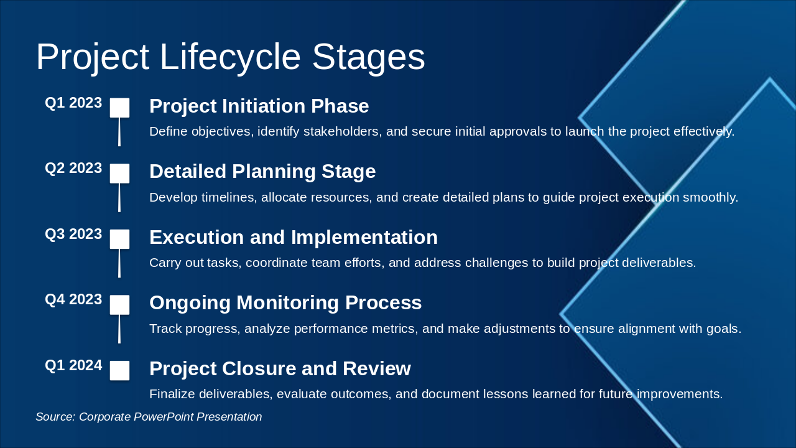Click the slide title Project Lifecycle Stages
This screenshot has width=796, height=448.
point(230,57)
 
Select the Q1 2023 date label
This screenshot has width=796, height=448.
point(73,103)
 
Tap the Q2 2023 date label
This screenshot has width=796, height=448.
point(73,169)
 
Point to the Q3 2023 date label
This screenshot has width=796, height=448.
point(73,235)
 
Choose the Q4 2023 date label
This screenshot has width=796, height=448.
point(73,300)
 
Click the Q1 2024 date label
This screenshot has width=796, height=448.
point(73,366)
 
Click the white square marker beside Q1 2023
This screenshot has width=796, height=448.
point(119,108)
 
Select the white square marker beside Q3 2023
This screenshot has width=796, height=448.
point(119,239)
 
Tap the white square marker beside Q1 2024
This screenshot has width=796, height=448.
point(119,370)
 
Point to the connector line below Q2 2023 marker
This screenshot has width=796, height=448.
point(119,197)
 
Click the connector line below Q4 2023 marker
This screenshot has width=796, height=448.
point(119,329)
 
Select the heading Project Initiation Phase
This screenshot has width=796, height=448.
point(259,106)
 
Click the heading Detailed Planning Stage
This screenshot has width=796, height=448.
point(262,172)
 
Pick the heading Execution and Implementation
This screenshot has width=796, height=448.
point(294,238)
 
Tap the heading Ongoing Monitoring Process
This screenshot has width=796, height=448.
point(285,303)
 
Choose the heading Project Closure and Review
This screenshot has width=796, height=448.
point(280,369)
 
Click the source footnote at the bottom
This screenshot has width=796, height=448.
point(149,417)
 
